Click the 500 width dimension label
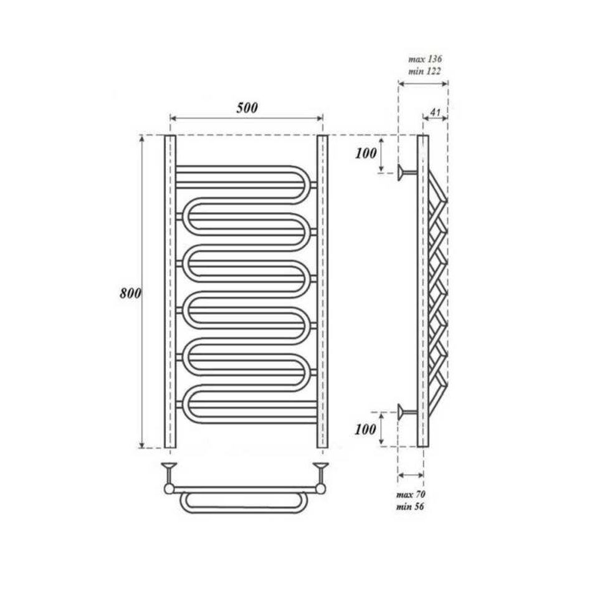pos(247,108)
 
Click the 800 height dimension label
pos(130,294)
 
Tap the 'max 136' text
pos(425,59)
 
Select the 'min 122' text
pos(424,72)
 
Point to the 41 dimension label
pos(436,112)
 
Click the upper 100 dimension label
pos(366,153)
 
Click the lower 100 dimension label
pos(365,429)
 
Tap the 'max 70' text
pos(411,495)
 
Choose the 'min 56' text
pos(410,507)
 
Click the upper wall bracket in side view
pos(407,173)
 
